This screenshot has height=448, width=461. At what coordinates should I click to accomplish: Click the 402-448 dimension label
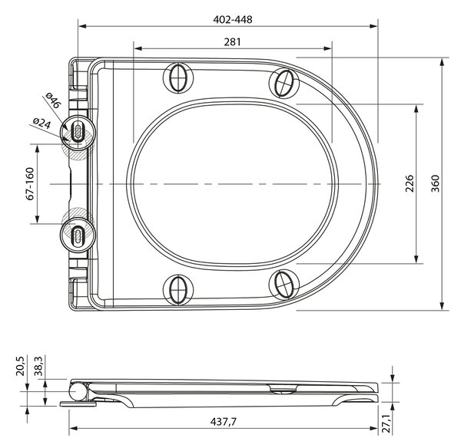pos(233,19)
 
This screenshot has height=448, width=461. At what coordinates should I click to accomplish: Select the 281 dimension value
pos(232,42)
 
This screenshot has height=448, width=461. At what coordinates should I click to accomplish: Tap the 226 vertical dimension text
pos(410,183)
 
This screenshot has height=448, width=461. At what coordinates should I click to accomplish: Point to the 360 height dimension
pos(435,183)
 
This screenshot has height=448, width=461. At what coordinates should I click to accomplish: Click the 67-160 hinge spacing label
pos(30,184)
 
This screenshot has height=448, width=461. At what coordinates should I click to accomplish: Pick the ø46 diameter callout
pos(54,100)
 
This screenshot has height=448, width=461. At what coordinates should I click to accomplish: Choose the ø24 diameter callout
pos(41,124)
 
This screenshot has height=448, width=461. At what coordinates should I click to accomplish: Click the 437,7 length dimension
pos(224,422)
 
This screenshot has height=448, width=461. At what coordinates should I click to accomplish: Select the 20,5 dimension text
pos(21,366)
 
